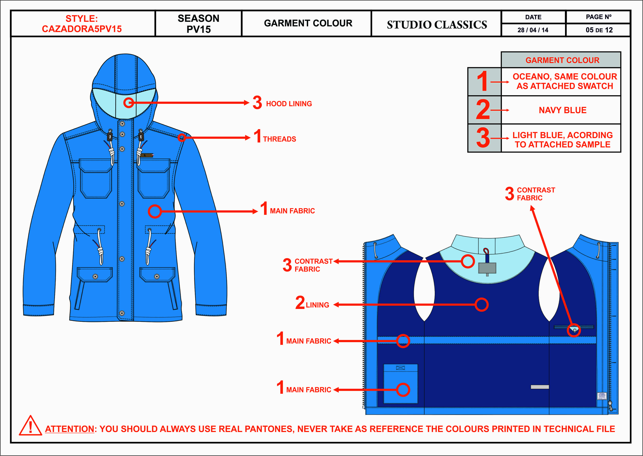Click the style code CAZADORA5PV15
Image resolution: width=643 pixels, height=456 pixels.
click(82, 29)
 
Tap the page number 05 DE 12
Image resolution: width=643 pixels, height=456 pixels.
click(599, 30)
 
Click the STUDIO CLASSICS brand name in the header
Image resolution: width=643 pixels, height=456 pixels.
click(437, 25)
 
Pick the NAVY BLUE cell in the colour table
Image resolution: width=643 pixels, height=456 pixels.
click(562, 110)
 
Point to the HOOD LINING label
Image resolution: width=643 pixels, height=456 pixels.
click(289, 104)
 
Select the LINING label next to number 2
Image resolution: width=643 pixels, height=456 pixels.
click(317, 305)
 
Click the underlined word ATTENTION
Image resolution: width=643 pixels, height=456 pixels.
click(69, 429)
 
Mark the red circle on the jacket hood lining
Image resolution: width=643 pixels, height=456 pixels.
click(128, 103)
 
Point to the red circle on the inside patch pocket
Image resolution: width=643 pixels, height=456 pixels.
click(403, 390)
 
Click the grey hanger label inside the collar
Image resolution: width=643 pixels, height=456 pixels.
click(487, 268)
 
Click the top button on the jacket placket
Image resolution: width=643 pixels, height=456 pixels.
click(122, 124)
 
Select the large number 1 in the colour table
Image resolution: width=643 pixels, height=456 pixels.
click(483, 81)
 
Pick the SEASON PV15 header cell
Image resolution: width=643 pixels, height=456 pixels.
click(198, 24)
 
